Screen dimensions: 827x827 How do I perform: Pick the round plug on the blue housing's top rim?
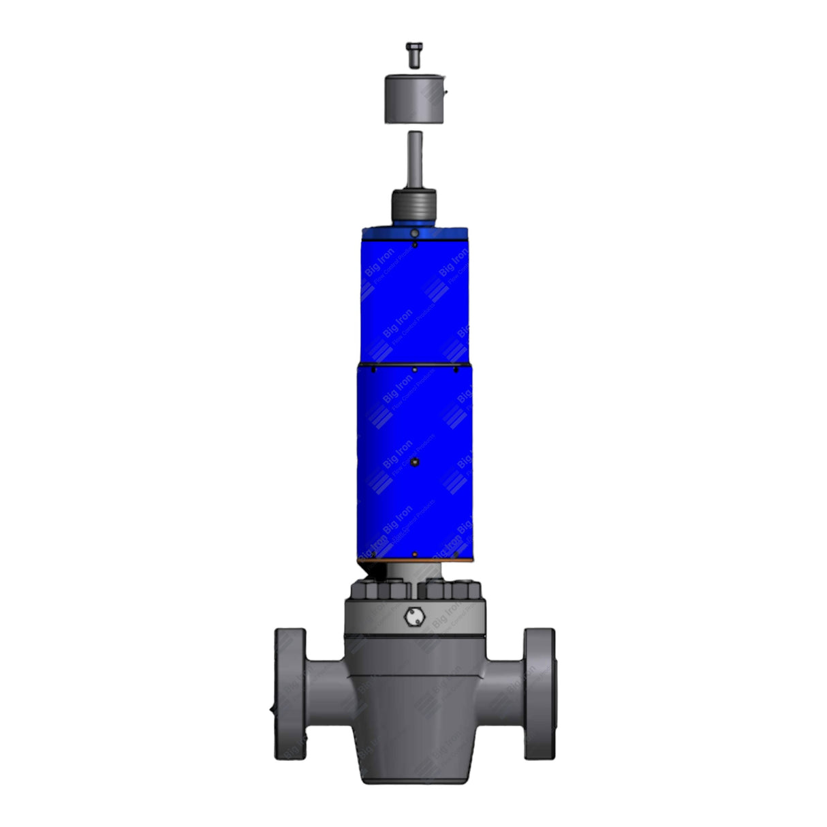point(414,234)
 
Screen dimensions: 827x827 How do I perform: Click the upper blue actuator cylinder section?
point(414,300)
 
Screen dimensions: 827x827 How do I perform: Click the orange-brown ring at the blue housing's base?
point(414,561)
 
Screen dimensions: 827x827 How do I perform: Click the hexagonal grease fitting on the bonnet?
point(413,617)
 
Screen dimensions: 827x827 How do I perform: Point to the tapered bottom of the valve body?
point(413,756)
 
